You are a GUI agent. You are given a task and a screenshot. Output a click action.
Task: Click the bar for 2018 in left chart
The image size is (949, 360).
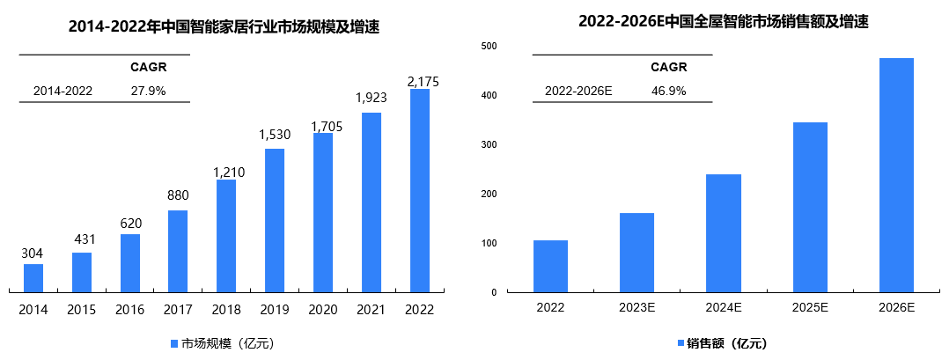(x=226, y=235)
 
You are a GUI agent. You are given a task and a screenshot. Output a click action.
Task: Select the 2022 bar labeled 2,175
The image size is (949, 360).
(x=420, y=190)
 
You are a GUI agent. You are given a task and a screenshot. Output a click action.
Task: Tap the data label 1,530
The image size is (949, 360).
(x=275, y=136)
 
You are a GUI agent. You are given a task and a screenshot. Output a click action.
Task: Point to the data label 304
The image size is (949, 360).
(x=33, y=253)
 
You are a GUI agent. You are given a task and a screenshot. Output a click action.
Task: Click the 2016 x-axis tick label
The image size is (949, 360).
(x=130, y=310)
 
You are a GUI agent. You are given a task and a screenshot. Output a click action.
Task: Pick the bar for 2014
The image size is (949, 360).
(x=33, y=277)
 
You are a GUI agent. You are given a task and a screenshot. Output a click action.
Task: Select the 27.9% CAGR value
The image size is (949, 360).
(x=149, y=91)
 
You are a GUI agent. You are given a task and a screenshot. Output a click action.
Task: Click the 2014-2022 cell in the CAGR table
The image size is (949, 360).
(x=63, y=91)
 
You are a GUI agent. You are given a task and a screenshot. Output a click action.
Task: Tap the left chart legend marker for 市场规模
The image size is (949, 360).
(x=174, y=343)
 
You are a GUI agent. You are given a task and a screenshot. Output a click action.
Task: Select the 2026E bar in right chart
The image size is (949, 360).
(x=896, y=175)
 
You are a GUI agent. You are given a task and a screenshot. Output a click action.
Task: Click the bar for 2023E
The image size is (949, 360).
(x=636, y=253)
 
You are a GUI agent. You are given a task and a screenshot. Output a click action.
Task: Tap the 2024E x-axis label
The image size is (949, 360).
(x=723, y=309)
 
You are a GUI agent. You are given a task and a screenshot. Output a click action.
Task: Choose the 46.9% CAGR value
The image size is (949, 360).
(x=669, y=91)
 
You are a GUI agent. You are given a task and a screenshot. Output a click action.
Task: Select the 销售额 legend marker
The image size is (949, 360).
(x=680, y=343)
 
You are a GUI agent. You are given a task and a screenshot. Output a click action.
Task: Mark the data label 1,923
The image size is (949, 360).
(x=372, y=98)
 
